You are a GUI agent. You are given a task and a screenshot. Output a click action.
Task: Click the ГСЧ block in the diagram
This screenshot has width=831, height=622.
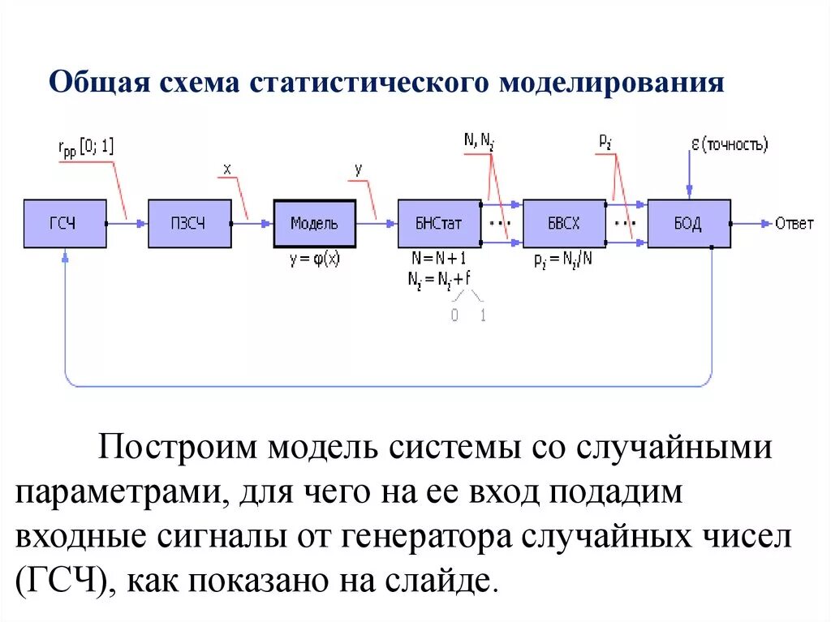coord(65,224)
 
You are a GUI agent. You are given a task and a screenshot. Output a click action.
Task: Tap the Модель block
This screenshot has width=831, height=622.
coord(314,224)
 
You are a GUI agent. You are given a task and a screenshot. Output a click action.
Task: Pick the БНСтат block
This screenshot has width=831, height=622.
coord(439,224)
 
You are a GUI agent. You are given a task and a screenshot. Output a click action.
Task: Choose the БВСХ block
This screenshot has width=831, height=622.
coord(564,224)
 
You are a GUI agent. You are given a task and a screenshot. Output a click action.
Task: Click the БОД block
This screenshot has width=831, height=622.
coord(688,224)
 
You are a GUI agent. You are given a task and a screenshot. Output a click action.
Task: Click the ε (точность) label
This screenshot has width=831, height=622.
coord(728,146)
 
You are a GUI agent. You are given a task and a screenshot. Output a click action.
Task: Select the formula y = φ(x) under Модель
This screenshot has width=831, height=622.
coord(314,260)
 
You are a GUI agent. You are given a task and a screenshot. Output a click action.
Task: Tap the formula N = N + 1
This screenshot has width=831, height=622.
coord(439,260)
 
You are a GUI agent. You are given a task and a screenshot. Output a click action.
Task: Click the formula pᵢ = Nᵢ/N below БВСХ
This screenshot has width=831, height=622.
coord(564,261)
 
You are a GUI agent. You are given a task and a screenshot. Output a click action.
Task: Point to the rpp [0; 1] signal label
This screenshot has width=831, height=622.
coord(86,148)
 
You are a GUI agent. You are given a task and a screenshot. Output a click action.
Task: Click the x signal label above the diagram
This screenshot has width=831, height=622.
coord(227,169)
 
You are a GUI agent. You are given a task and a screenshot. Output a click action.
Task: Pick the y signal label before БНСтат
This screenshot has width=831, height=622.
coord(358,169)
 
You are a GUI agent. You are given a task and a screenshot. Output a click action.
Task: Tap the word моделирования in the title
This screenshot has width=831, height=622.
coord(610,84)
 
